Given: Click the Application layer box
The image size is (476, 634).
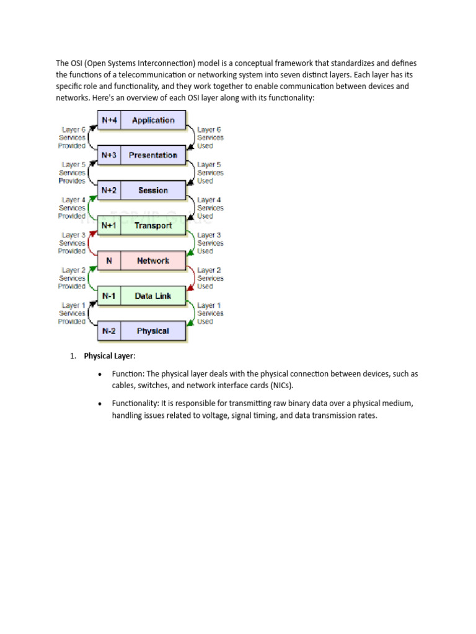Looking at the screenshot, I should coord(153,120).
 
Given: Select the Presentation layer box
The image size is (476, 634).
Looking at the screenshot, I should coord(153,155).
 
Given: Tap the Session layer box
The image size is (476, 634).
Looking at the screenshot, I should coord(153,191).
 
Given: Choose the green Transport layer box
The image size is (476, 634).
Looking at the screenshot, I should coord(153,226).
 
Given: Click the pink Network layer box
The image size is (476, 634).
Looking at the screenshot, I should coord(153,261).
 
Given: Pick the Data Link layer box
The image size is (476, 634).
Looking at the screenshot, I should coord(153,296).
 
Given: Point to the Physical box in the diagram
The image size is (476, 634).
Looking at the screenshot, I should coord(153,331).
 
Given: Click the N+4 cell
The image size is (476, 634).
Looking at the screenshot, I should coord(109,120).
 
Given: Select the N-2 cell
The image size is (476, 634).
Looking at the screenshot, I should coord(109,331).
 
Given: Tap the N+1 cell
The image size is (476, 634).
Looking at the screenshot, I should coord(109,226).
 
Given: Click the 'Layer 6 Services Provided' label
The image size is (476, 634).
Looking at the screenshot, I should coord(72,137).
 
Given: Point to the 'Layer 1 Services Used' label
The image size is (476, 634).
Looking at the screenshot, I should coord(209,313).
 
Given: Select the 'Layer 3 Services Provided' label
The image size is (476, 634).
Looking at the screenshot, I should coord(72,243).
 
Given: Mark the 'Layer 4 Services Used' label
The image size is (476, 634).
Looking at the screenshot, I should coord(209,208).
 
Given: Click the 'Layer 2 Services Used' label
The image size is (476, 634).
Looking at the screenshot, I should coord(209,278).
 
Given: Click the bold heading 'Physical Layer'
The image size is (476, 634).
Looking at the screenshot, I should coord(108,356).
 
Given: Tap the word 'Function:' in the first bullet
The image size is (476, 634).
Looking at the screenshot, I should coord(127,374).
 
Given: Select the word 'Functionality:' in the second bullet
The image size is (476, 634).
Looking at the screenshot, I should coord(136,403).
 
